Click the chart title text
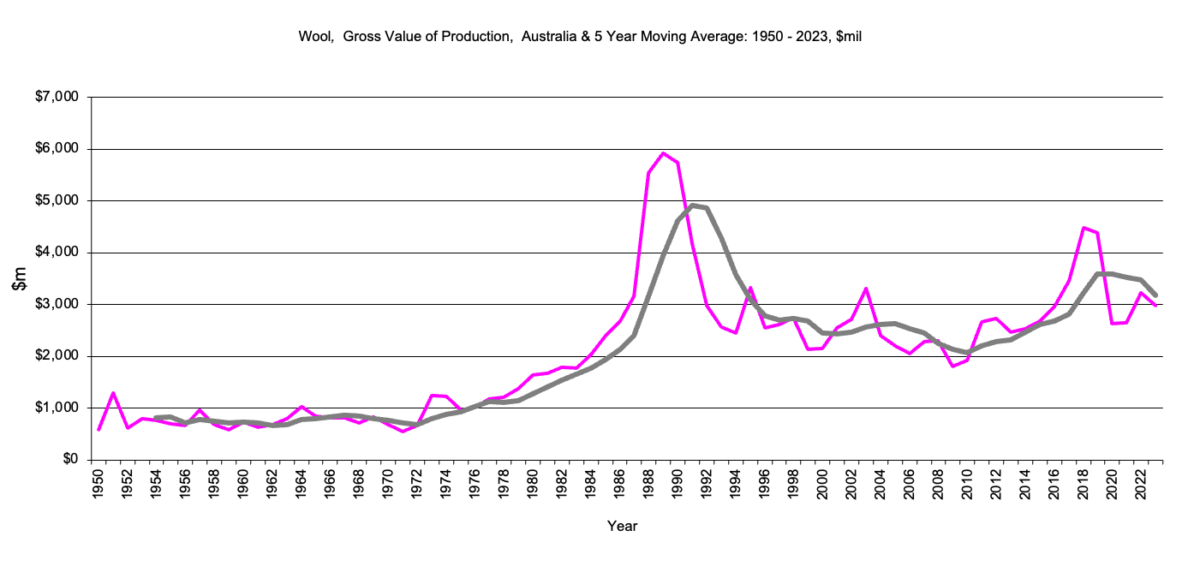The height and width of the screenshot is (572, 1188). point(585,37)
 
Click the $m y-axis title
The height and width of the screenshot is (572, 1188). point(21,278)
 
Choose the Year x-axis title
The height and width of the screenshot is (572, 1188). point(622,526)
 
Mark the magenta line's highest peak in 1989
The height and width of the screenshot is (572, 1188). point(663,153)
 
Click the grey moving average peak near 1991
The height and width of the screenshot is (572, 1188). point(692,206)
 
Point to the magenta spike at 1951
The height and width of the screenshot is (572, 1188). point(113,393)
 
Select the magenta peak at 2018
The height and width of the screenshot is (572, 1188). point(1084,228)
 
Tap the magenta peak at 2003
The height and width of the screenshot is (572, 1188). point(866,289)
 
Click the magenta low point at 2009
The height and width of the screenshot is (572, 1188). point(952,366)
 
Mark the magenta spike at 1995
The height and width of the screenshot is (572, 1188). point(750,288)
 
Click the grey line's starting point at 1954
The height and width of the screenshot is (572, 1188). point(157,418)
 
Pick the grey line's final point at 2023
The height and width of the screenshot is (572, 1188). point(1155,295)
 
